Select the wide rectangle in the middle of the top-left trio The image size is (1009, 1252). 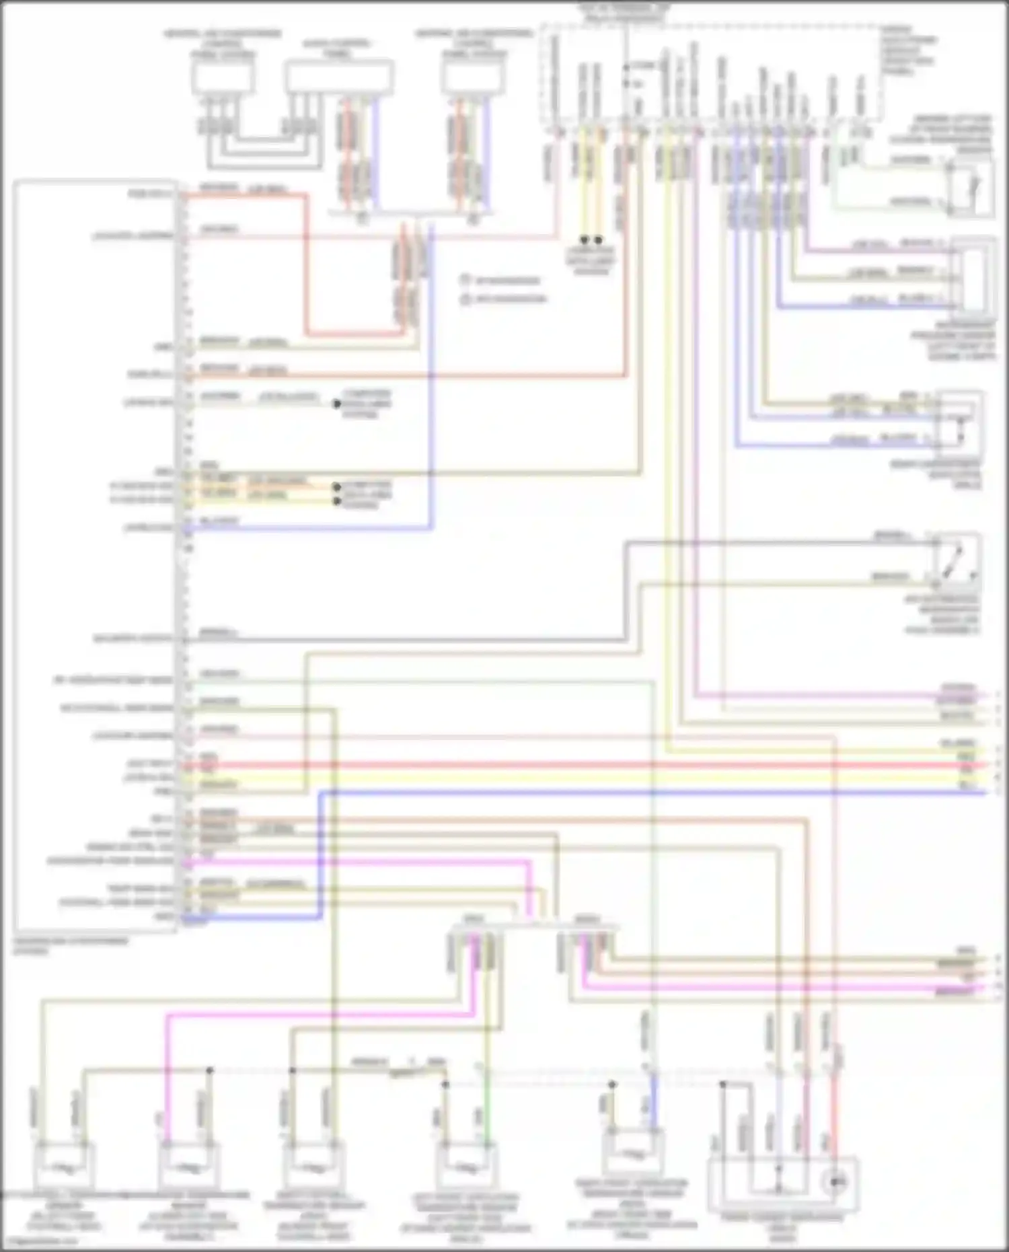pyautogui.click(x=339, y=77)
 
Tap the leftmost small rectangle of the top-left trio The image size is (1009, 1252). pyautogui.click(x=223, y=78)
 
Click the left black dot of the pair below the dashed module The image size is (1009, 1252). pyautogui.click(x=584, y=240)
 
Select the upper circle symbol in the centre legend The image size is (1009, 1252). pyautogui.click(x=465, y=280)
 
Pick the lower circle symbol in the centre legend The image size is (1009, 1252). pyautogui.click(x=465, y=299)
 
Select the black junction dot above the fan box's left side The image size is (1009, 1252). pyautogui.click(x=723, y=1084)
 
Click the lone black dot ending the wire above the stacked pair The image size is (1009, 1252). pyautogui.click(x=337, y=404)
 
